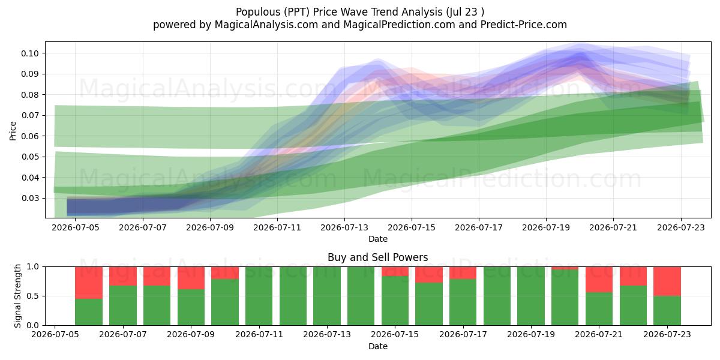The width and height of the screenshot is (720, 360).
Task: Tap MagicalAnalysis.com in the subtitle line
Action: point(266,25)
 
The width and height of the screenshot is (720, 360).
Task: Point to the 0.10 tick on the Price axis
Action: point(30,53)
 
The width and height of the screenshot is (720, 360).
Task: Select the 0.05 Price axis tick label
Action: point(30,157)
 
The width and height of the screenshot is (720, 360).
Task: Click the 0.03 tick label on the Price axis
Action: point(30,199)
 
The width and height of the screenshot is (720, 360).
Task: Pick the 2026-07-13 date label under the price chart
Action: point(344,227)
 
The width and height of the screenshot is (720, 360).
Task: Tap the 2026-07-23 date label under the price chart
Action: point(681,227)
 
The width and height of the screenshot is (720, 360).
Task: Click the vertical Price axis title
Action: point(13,131)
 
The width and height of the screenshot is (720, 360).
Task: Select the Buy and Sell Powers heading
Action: point(377,257)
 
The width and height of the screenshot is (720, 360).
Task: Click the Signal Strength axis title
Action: point(17,296)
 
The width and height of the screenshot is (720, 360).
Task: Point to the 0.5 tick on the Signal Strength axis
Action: point(33,296)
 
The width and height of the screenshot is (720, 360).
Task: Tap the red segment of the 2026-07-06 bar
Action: point(89,283)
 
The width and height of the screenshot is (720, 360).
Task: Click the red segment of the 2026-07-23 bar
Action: point(667,281)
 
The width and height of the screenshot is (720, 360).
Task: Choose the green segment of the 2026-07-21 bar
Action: point(599,309)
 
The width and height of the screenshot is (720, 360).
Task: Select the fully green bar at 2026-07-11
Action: point(259,296)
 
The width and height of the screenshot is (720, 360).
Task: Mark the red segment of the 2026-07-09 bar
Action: point(191,278)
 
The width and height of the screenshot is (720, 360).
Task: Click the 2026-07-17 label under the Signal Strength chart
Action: point(463,335)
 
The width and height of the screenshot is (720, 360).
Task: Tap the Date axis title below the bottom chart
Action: point(377,347)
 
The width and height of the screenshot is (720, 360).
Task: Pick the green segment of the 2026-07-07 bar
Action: point(123,305)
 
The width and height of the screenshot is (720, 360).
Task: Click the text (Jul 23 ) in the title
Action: point(465,12)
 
